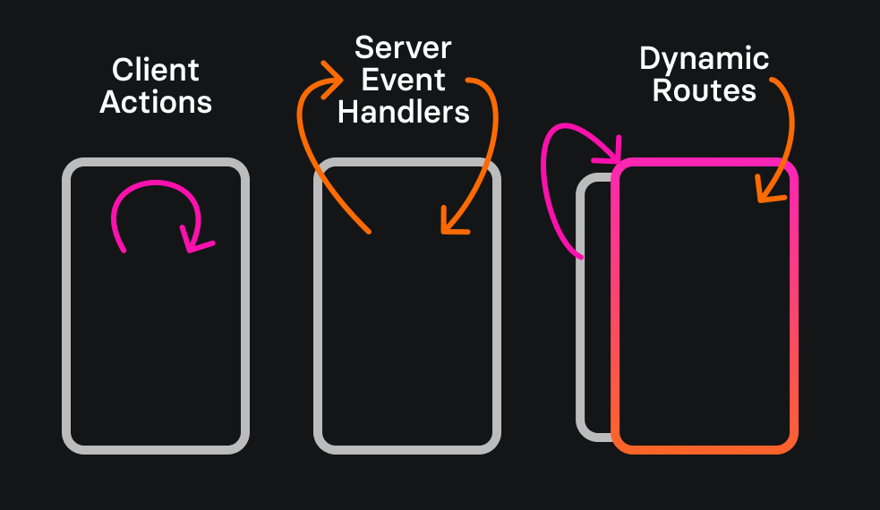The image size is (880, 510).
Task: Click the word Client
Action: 156,70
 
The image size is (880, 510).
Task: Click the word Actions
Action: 156,101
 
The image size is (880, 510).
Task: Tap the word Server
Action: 403,47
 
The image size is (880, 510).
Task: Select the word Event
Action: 403,80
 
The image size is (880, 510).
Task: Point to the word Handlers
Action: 403,112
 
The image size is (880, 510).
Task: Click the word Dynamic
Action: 704,60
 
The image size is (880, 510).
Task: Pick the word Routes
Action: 704,90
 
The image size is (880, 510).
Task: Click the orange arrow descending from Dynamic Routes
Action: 789,125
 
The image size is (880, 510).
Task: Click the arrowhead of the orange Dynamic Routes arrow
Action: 765,191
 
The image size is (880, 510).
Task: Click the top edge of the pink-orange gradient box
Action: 704,164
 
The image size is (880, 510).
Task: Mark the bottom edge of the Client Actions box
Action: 156,447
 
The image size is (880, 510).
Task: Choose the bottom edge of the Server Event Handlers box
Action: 406,447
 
